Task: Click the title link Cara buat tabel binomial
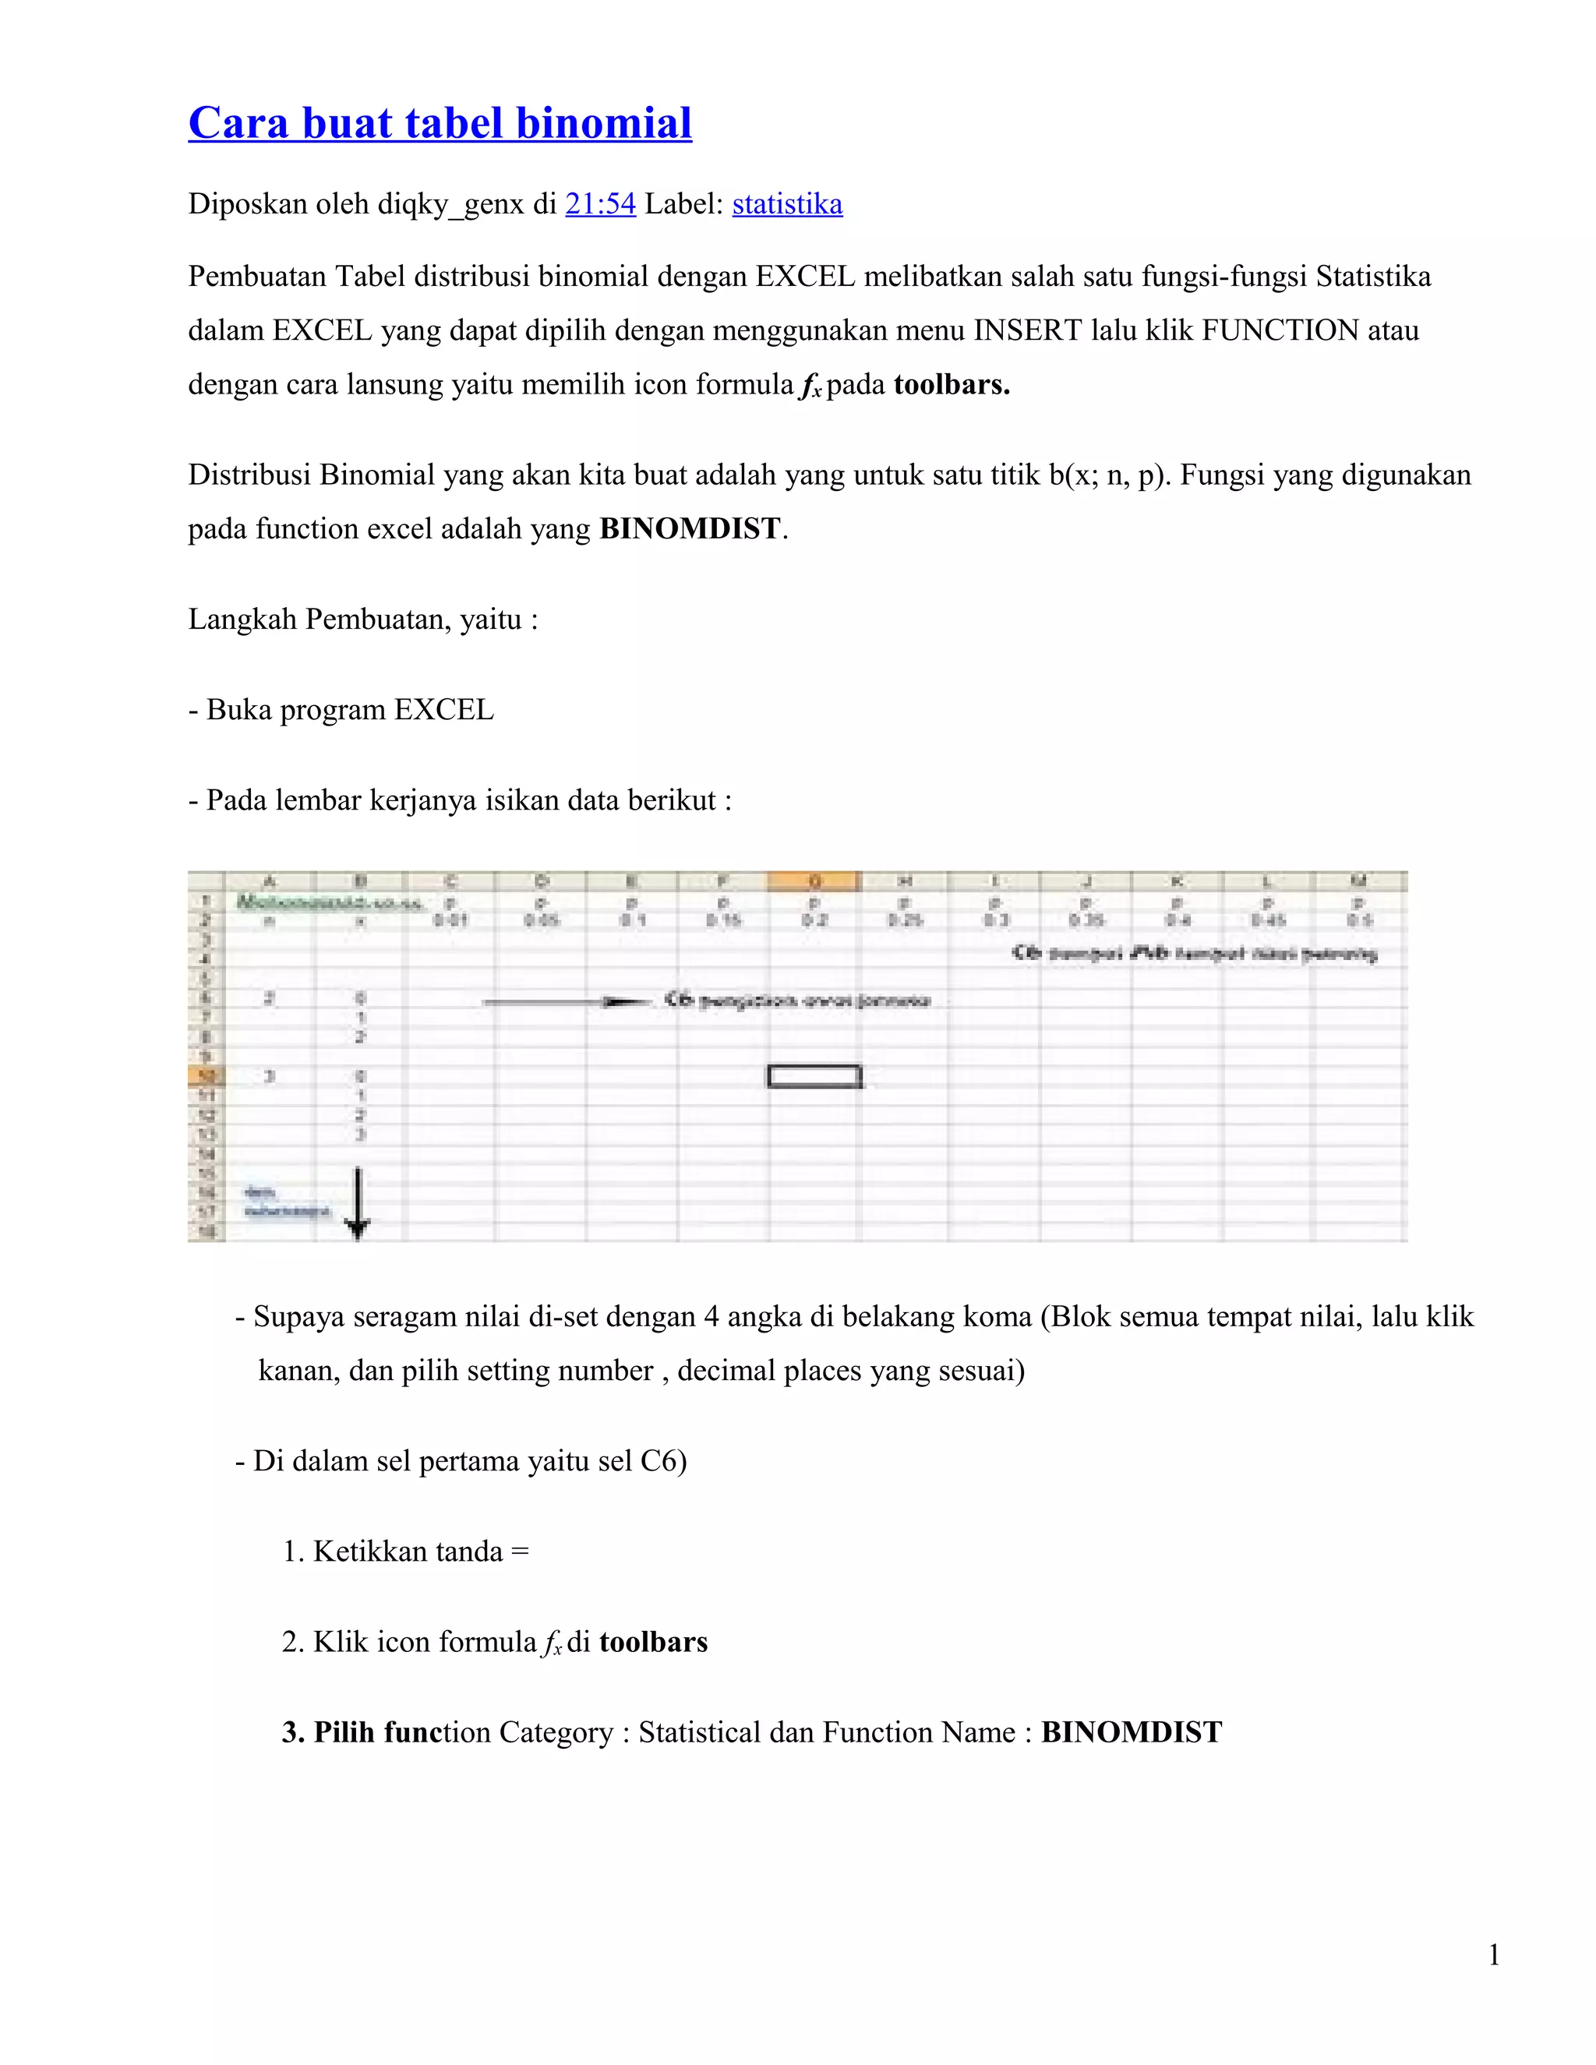click(x=440, y=124)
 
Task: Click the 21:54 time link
click(x=599, y=204)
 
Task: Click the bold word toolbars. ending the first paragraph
click(x=952, y=385)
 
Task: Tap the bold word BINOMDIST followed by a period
click(x=690, y=528)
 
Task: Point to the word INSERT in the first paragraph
click(x=1028, y=331)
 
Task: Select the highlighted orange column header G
click(x=814, y=881)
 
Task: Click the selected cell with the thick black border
click(x=814, y=1076)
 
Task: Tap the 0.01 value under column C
click(x=450, y=920)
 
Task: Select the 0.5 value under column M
click(x=1360, y=920)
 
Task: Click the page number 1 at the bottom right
click(x=1494, y=1955)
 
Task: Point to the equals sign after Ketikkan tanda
click(x=519, y=1551)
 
